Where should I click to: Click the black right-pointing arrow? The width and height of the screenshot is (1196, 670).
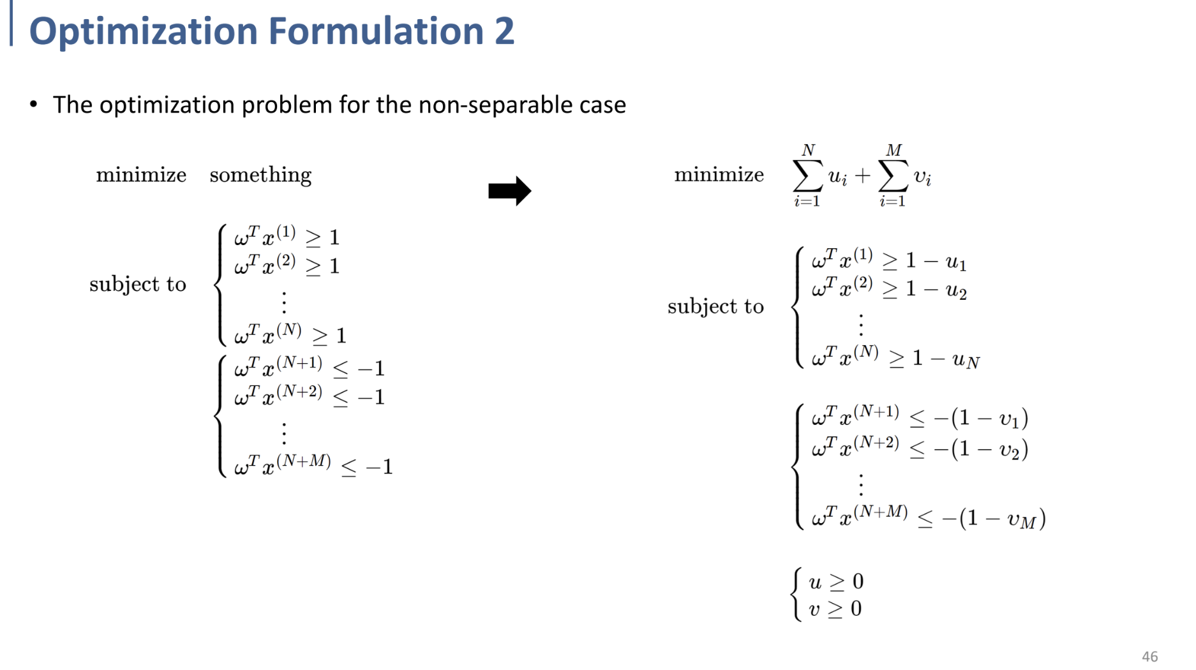[509, 191]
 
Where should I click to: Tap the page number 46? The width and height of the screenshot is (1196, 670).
[1149, 656]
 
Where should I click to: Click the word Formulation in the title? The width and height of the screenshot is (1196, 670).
[376, 31]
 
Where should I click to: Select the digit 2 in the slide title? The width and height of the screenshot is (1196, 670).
[504, 31]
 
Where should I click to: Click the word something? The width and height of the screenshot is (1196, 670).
[260, 175]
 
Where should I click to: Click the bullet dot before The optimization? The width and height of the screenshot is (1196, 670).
[34, 103]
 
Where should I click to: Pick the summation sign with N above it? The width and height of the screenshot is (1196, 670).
[807, 177]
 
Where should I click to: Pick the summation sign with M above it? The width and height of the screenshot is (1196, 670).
[893, 177]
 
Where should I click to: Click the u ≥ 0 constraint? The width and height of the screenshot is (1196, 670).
[836, 581]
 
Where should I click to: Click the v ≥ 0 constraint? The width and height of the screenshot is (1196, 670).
[835, 609]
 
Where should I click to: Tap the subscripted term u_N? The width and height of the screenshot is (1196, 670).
[966, 361]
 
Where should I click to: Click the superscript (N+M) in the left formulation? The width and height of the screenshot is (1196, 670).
[303, 461]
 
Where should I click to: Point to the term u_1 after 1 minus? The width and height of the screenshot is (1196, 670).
[955, 262]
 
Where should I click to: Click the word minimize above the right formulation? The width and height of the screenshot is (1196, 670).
[719, 175]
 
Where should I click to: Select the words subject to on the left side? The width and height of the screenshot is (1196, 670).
[138, 284]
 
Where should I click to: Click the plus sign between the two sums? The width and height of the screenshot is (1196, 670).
[862, 175]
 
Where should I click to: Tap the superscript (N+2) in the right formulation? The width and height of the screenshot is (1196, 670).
[876, 442]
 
